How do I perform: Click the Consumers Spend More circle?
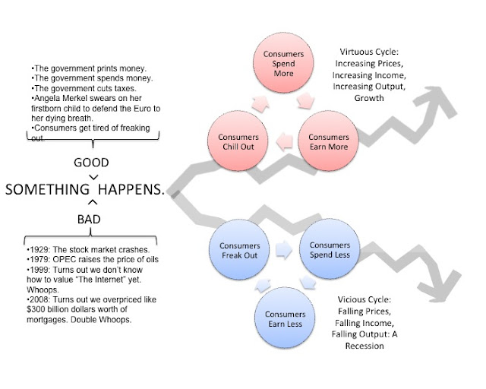point(283,64)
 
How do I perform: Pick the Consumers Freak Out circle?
point(240,250)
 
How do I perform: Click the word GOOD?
point(91,163)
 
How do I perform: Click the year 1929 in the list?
point(37,250)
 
